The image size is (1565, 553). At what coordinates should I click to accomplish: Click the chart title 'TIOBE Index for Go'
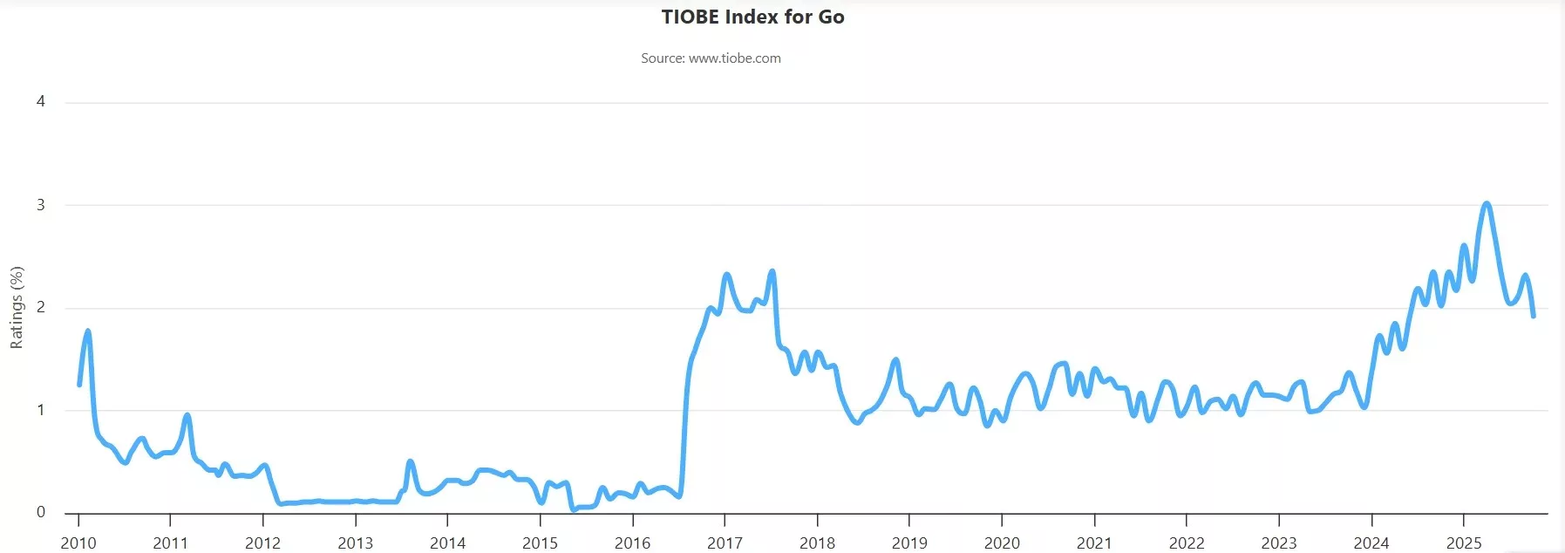tap(752, 17)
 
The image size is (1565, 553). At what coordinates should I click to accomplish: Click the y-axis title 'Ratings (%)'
tap(17, 307)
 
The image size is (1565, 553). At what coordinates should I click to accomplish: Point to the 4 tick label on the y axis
tap(41, 101)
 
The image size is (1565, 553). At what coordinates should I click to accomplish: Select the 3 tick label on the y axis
tap(41, 205)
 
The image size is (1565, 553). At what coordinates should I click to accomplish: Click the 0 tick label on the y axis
tap(41, 512)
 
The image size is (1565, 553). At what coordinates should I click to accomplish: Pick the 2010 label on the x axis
tap(78, 543)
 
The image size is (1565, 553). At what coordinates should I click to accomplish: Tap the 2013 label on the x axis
tap(355, 543)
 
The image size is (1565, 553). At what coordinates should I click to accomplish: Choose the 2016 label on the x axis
tap(632, 543)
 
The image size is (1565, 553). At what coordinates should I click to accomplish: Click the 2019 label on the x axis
tap(909, 543)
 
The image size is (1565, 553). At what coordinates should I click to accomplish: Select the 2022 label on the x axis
tap(1187, 543)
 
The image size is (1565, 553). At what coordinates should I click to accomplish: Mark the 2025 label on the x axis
tap(1464, 543)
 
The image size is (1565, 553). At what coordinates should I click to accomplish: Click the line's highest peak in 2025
tap(1487, 204)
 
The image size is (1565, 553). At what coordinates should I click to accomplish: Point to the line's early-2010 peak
tap(88, 331)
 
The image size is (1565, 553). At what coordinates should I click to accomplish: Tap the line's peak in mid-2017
tap(772, 271)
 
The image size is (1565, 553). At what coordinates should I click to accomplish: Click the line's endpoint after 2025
tap(1534, 316)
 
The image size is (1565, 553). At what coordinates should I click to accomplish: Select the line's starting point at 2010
tap(79, 385)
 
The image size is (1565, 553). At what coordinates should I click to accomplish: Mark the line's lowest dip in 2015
tap(573, 509)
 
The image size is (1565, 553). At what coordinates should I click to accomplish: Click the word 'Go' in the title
tap(831, 17)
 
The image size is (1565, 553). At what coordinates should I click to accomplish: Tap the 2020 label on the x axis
tap(1002, 543)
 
